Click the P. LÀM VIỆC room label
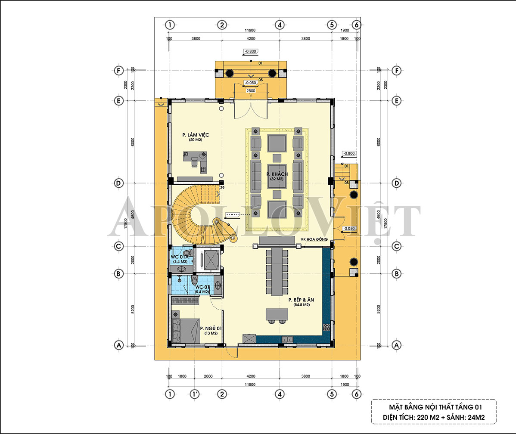(196, 135)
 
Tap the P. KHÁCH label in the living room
(277, 174)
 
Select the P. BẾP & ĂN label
(301, 300)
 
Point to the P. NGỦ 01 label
(211, 329)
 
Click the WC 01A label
(179, 257)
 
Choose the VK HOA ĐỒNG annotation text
(314, 239)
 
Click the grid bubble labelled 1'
(195, 394)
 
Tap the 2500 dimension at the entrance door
(251, 90)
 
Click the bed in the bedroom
(186, 330)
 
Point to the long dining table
(277, 272)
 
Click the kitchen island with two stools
(277, 315)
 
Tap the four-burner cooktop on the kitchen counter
(326, 327)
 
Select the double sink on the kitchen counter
(287, 339)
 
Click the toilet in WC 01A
(187, 253)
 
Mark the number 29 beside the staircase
(222, 188)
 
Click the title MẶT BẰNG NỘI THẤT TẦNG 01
(435, 407)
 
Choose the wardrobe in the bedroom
(185, 301)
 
